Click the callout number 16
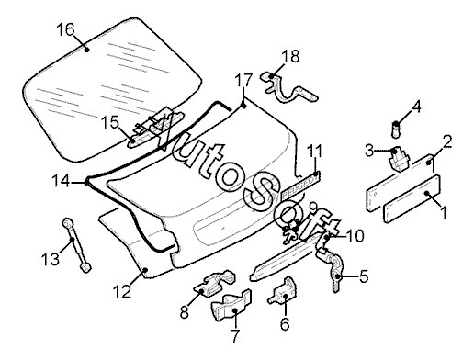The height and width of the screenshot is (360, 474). [x=65, y=30]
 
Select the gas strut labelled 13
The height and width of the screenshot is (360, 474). [x=76, y=245]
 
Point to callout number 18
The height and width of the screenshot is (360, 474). [x=290, y=56]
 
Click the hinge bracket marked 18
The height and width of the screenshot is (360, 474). [x=288, y=89]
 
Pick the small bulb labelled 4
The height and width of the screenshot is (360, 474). [x=397, y=129]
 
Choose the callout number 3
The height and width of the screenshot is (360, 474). [x=369, y=151]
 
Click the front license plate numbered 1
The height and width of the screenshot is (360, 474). [x=412, y=198]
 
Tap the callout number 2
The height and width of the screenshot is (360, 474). [x=447, y=141]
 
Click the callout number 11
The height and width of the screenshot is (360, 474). [x=315, y=152]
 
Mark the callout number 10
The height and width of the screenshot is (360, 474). [x=355, y=236]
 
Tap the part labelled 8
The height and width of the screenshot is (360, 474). [x=214, y=283]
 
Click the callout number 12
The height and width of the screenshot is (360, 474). [x=122, y=291]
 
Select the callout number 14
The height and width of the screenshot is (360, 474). [x=61, y=181]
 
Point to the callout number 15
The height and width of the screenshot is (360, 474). [x=109, y=123]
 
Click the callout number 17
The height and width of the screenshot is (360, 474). [x=243, y=80]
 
